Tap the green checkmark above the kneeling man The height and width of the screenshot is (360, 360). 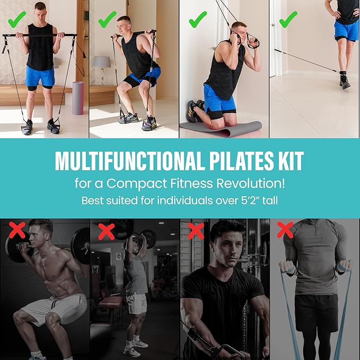pyautogui.click(x=198, y=20)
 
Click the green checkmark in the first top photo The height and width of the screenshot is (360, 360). pyautogui.click(x=17, y=22)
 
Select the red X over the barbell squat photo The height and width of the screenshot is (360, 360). pyautogui.click(x=16, y=231)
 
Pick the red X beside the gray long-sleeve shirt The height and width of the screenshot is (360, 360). pyautogui.click(x=285, y=230)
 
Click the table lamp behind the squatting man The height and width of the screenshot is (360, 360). pyautogui.click(x=101, y=66)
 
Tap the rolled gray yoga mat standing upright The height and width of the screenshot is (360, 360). pyautogui.click(x=78, y=98)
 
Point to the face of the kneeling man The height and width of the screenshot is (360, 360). pyautogui.click(x=238, y=33)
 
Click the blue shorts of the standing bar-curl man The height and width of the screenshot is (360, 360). pyautogui.click(x=40, y=76)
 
